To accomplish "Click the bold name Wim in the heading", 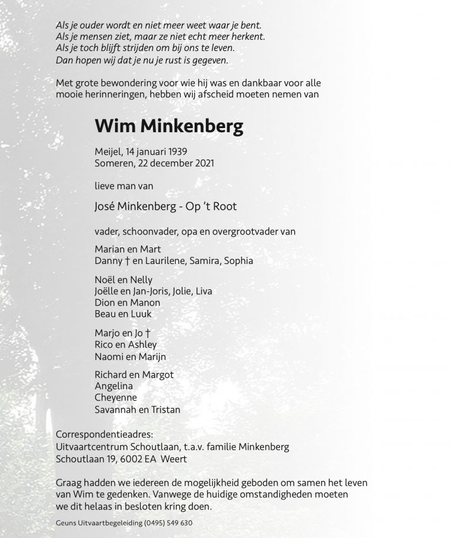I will click(x=114, y=126).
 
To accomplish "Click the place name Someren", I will click(x=112, y=163).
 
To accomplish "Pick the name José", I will click(x=104, y=206).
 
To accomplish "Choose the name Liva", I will click(x=202, y=291).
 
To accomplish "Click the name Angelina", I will click(x=114, y=386).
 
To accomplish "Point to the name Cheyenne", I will click(x=115, y=397).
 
